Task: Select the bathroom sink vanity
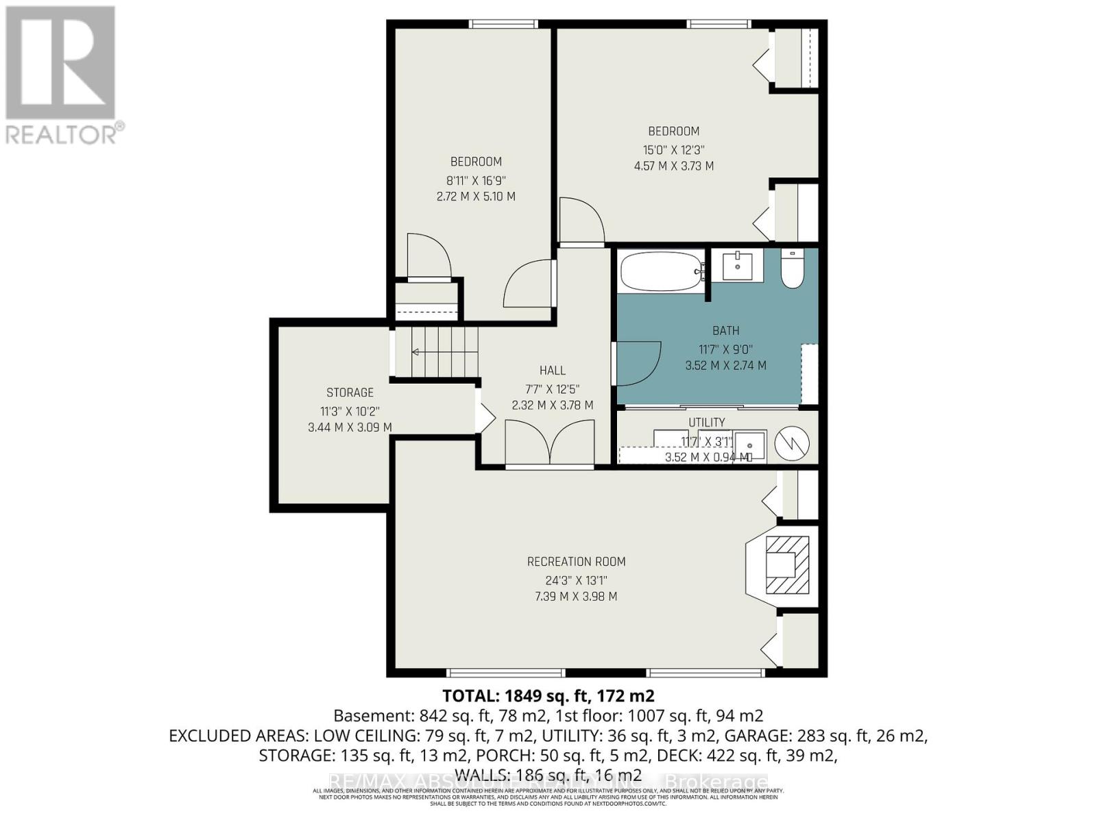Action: [x=737, y=266]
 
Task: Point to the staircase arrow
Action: [x=416, y=352]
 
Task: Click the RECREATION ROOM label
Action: [x=576, y=562]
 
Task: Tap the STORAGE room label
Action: [x=350, y=393]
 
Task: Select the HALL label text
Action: [x=552, y=371]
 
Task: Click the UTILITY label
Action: [x=707, y=422]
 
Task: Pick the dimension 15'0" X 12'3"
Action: [x=673, y=149]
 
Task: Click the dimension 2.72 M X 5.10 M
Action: [x=476, y=197]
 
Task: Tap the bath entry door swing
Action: [x=638, y=363]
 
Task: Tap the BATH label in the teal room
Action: [x=725, y=331]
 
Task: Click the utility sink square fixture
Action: [x=750, y=446]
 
